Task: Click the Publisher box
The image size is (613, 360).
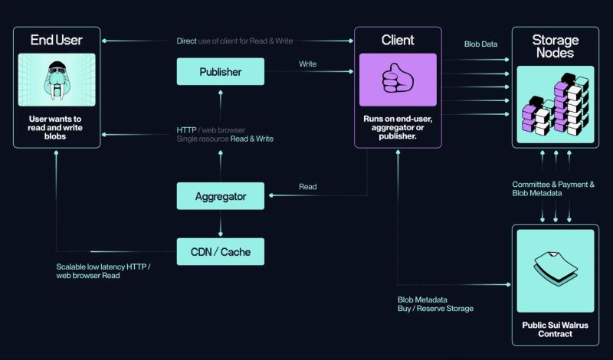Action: [x=220, y=72]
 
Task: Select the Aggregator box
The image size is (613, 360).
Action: [x=220, y=196]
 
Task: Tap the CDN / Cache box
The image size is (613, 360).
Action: [x=220, y=251]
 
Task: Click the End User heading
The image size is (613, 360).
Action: [x=56, y=39]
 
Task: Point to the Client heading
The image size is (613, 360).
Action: [x=398, y=39]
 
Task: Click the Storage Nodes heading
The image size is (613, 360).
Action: [x=556, y=46]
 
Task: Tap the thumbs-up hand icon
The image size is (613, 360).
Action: [x=398, y=80]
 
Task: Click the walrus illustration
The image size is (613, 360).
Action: [x=56, y=80]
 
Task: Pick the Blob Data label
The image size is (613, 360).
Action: [x=480, y=44]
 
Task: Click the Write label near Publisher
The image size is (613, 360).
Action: [x=307, y=64]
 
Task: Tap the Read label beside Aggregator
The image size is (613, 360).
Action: [x=307, y=186]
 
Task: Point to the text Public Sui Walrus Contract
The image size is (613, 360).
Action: [x=556, y=329]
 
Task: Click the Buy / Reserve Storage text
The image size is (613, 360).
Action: [x=435, y=308]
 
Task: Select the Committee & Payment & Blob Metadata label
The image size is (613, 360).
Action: [x=553, y=188]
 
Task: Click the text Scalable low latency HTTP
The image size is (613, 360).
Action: [x=103, y=267]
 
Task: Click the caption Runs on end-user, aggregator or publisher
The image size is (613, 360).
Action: [x=398, y=128]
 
